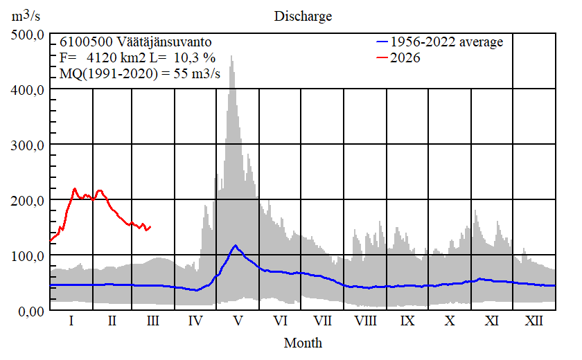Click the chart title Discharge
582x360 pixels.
tap(302, 15)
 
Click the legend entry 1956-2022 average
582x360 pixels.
tap(446, 42)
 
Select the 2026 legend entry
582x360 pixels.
tap(405, 57)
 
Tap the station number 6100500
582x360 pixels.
tap(82, 42)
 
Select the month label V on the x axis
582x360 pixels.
tap(238, 321)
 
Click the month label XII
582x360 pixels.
tap(533, 321)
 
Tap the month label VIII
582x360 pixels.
tap(365, 321)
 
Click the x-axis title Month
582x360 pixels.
tap(303, 342)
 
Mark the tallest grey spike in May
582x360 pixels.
tap(231, 57)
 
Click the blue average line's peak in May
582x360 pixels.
tap(236, 246)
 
